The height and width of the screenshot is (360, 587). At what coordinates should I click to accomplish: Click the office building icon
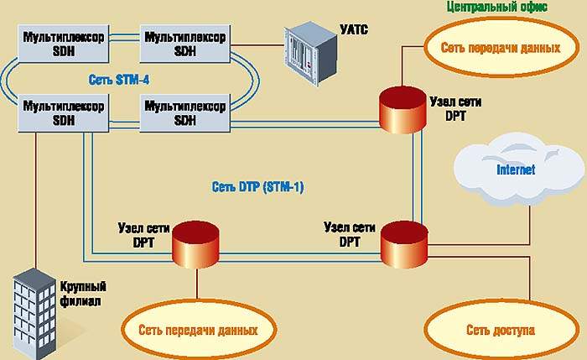(x=34, y=307)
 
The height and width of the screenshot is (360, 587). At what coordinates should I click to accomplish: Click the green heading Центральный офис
(x=497, y=6)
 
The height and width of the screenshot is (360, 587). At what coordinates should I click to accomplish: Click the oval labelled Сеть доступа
(x=500, y=330)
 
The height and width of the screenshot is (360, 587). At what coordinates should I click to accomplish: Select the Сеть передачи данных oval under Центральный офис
(x=501, y=47)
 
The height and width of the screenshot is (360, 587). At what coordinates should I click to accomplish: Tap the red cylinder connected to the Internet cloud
(x=404, y=244)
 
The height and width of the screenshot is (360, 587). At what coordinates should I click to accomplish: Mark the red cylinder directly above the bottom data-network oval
(x=196, y=244)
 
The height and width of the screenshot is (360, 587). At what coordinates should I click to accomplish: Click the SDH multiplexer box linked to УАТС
(x=184, y=44)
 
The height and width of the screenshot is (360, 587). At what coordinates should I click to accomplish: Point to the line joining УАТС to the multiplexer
(x=256, y=39)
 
